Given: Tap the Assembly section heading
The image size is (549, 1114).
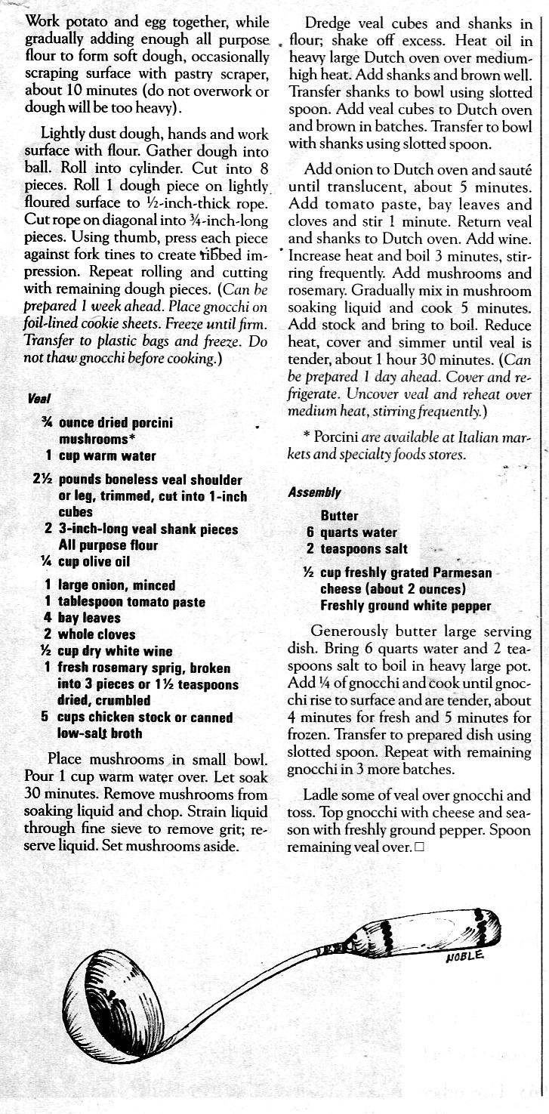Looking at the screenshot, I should pyautogui.click(x=314, y=492).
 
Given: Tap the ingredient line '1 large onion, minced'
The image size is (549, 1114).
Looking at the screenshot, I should pyautogui.click(x=109, y=585).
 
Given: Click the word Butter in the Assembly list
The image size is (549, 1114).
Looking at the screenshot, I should pyautogui.click(x=340, y=516).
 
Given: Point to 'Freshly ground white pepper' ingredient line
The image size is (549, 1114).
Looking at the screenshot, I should pyautogui.click(x=406, y=606).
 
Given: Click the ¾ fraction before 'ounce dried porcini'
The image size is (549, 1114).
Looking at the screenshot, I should pyautogui.click(x=47, y=423).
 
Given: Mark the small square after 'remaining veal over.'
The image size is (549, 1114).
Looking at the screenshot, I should pyautogui.click(x=419, y=847).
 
